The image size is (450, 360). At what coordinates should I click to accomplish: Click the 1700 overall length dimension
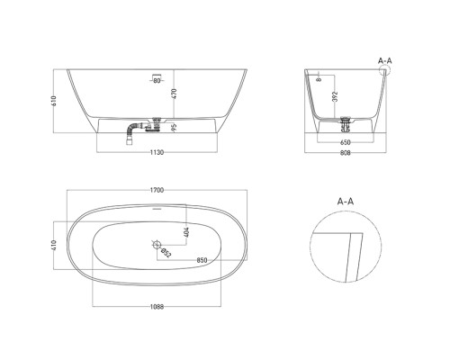pos(157,190)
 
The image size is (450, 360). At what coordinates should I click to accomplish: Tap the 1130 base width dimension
pos(157,152)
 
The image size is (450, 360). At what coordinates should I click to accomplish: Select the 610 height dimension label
pos(54,101)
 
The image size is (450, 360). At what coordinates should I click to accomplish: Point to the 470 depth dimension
pos(175,94)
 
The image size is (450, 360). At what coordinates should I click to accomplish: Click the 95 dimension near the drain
pos(175,127)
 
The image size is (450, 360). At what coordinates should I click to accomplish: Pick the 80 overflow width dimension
pos(157,80)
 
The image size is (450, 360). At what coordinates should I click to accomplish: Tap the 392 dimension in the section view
pos(335,96)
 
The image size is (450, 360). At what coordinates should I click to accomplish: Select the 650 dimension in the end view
pos(346,142)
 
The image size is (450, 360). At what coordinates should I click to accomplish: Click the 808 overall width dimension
pos(346,153)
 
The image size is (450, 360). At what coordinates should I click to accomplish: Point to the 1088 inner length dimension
pos(157,307)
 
